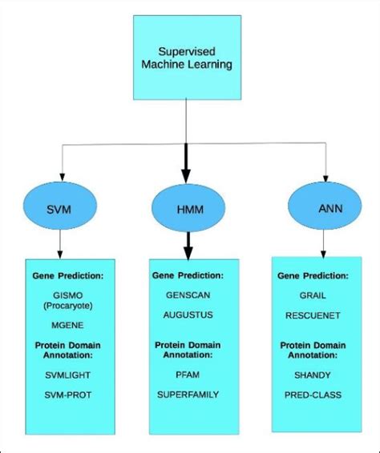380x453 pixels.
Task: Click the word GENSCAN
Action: (x=188, y=295)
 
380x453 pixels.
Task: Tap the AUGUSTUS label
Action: (x=188, y=316)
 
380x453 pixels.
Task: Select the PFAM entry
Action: (x=188, y=372)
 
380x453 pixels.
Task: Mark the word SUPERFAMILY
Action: (x=188, y=395)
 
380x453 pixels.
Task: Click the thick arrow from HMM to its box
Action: (x=189, y=243)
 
